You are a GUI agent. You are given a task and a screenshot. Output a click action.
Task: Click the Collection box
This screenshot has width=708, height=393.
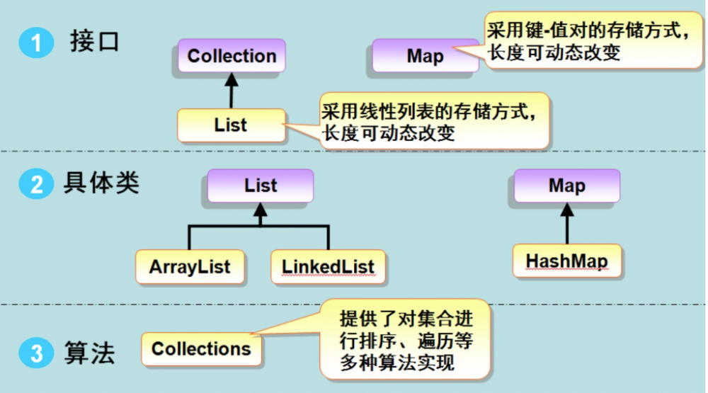[x=232, y=56]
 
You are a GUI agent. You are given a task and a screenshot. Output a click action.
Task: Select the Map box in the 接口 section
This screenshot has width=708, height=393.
[x=425, y=57]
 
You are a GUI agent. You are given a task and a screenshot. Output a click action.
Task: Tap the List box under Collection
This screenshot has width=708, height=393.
[x=230, y=125]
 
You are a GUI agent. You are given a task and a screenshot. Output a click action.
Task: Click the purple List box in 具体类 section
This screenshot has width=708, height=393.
[x=261, y=186]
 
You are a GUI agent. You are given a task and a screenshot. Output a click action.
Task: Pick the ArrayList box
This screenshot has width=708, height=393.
[x=190, y=267]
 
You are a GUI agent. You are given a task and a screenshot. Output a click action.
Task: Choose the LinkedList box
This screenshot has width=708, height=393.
[x=328, y=267]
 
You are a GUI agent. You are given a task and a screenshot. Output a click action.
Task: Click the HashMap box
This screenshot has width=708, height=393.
[x=566, y=261]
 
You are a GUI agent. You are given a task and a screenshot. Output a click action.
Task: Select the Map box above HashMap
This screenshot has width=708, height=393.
[x=566, y=186]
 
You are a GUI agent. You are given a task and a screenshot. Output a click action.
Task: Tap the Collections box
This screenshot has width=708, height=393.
[x=201, y=348]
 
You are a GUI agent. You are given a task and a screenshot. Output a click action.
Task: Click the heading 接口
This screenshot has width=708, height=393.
[x=95, y=42]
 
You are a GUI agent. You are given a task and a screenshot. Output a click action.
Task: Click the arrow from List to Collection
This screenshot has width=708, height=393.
[x=229, y=91]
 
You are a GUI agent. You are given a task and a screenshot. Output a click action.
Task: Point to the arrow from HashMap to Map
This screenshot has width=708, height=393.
[x=566, y=224]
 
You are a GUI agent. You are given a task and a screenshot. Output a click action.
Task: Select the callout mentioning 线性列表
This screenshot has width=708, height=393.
[x=433, y=121]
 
